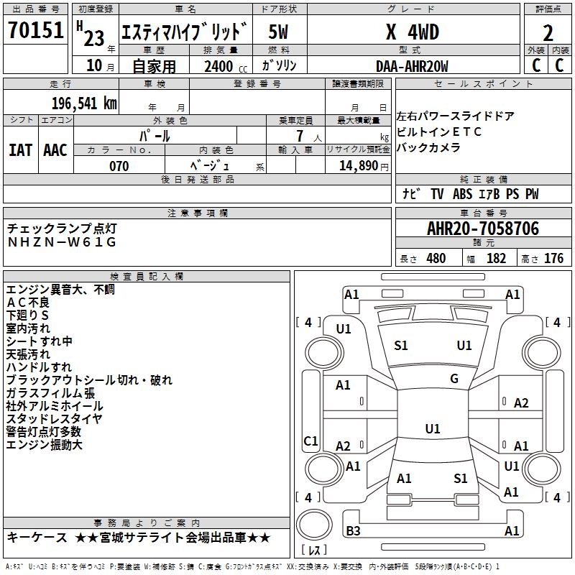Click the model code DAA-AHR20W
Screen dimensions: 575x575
[412, 66]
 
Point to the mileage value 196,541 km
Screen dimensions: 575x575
[84, 103]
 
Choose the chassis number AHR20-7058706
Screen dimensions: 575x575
[483, 229]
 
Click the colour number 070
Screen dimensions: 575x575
[119, 166]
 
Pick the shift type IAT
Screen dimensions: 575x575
[21, 149]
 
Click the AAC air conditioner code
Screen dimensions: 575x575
[55, 149]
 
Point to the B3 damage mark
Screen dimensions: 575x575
[353, 531]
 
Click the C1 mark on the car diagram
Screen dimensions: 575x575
[311, 441]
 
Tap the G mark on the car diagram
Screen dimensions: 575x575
[454, 379]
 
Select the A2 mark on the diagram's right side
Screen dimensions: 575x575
[521, 403]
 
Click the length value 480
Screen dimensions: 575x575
[436, 258]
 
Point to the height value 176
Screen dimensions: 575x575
[553, 258]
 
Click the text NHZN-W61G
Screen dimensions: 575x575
[62, 242]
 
